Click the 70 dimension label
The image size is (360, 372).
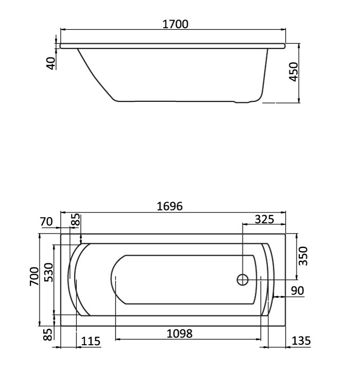point(47,222)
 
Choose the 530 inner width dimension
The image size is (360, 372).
point(49,273)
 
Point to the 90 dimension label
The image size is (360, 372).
point(297,290)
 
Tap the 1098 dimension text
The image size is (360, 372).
point(180,333)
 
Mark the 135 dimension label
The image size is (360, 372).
point(301,341)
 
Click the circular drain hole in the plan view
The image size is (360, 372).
point(243,280)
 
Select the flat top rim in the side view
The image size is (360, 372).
point(172,46)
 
